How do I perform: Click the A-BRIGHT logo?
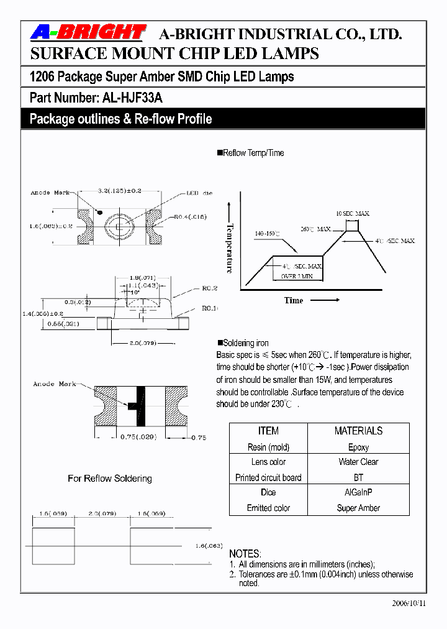[x=88, y=32]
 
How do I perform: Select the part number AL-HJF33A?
[x=131, y=98]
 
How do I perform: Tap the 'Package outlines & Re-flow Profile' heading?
[x=120, y=119]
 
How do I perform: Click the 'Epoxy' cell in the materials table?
[x=358, y=447]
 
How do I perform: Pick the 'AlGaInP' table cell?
[x=358, y=492]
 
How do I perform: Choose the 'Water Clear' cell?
[x=358, y=462]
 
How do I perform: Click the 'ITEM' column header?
[x=268, y=431]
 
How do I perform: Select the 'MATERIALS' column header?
[x=358, y=431]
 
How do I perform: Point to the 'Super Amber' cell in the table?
[x=358, y=508]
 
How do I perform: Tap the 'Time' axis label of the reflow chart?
[x=294, y=301]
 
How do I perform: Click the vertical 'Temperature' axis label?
[x=230, y=248]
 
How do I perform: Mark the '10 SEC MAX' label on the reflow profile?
[x=353, y=213]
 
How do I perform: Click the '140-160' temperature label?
[x=267, y=234]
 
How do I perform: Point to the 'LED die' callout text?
[x=200, y=193]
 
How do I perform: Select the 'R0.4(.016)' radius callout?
[x=189, y=217]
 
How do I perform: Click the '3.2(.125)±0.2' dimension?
[x=119, y=190]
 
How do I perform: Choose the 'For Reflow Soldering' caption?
[x=110, y=479]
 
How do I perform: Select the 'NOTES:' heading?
[x=245, y=553]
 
